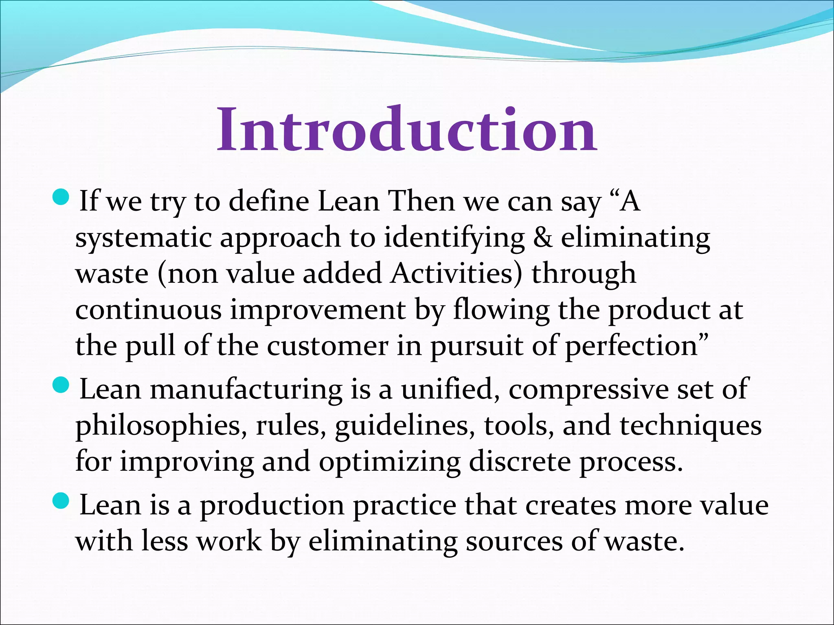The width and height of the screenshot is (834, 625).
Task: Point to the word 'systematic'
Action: coord(143,238)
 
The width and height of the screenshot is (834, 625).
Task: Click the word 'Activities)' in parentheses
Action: coord(456,273)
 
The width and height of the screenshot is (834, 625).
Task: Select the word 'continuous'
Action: coord(148,310)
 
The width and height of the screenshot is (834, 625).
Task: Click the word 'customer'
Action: coord(327,346)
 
